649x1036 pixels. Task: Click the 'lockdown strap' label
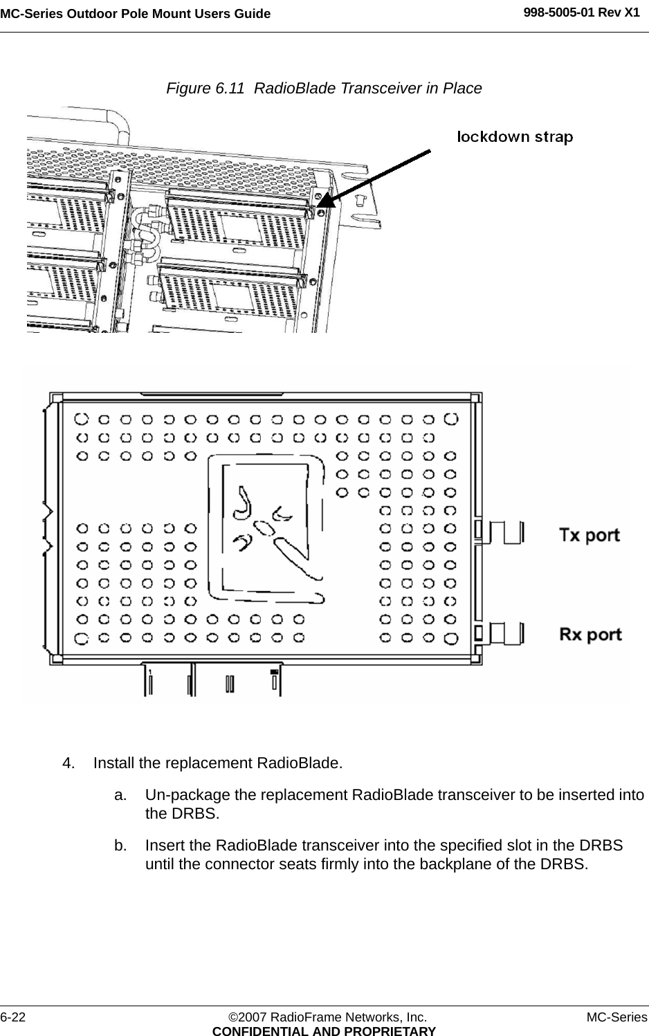coord(515,137)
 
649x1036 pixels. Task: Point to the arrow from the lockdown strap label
coord(377,176)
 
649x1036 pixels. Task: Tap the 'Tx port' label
coord(589,535)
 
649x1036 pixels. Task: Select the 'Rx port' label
coord(589,634)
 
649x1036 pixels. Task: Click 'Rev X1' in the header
coord(623,12)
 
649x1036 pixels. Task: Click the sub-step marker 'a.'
coord(120,795)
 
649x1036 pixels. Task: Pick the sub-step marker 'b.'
coord(120,846)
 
